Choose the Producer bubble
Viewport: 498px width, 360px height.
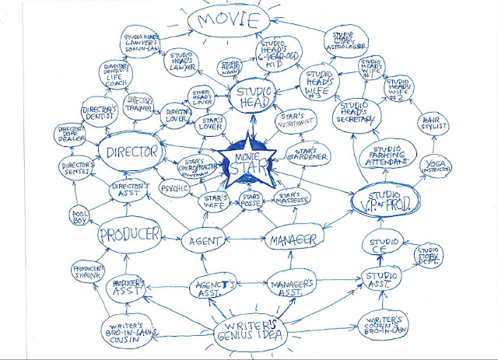click(129, 233)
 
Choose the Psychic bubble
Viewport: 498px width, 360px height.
click(176, 188)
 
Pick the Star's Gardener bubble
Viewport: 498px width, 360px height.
click(304, 152)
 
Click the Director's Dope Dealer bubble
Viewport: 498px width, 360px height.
click(74, 133)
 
